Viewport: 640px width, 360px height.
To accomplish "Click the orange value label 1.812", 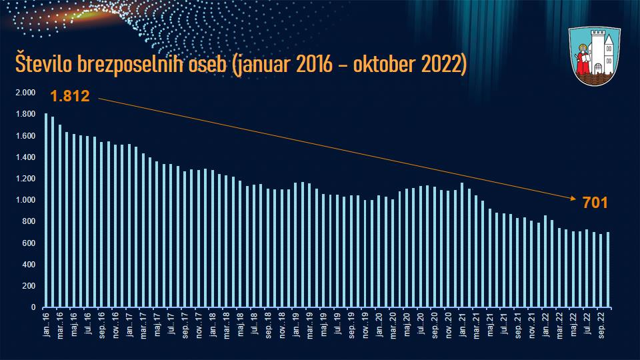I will point(69,96).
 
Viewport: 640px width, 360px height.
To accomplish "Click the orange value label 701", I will point(594,203).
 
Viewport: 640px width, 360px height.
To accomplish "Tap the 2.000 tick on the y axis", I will point(25,93).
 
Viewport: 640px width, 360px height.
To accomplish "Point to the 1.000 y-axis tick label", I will point(25,200).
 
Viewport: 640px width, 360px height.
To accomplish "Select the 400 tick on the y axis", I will point(28,265).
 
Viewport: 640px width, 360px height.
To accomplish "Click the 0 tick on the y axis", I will point(33,307).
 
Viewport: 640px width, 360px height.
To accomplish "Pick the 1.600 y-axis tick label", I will point(25,136).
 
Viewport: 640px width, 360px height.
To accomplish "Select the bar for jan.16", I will point(45,210).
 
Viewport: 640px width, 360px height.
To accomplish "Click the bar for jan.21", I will point(462,245).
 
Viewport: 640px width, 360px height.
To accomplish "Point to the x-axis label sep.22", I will point(601,324).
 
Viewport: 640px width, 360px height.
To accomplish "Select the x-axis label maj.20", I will point(407,323).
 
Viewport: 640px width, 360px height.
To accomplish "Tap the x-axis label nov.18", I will point(282,323).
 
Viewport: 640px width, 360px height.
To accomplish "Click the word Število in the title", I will point(43,67).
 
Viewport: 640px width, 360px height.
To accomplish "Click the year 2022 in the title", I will point(435,67).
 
